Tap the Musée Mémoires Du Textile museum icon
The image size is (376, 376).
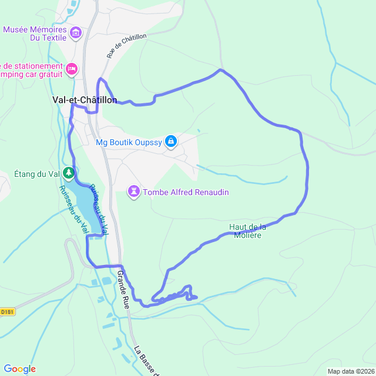75,33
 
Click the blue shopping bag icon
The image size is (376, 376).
171,141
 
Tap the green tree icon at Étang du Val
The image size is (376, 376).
69,173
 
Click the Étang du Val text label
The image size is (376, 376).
37,173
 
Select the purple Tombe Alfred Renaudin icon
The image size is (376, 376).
135,192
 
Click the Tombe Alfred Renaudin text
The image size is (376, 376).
186,192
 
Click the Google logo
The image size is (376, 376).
19,368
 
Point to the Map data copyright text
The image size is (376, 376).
351,371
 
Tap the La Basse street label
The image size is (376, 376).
147,360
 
